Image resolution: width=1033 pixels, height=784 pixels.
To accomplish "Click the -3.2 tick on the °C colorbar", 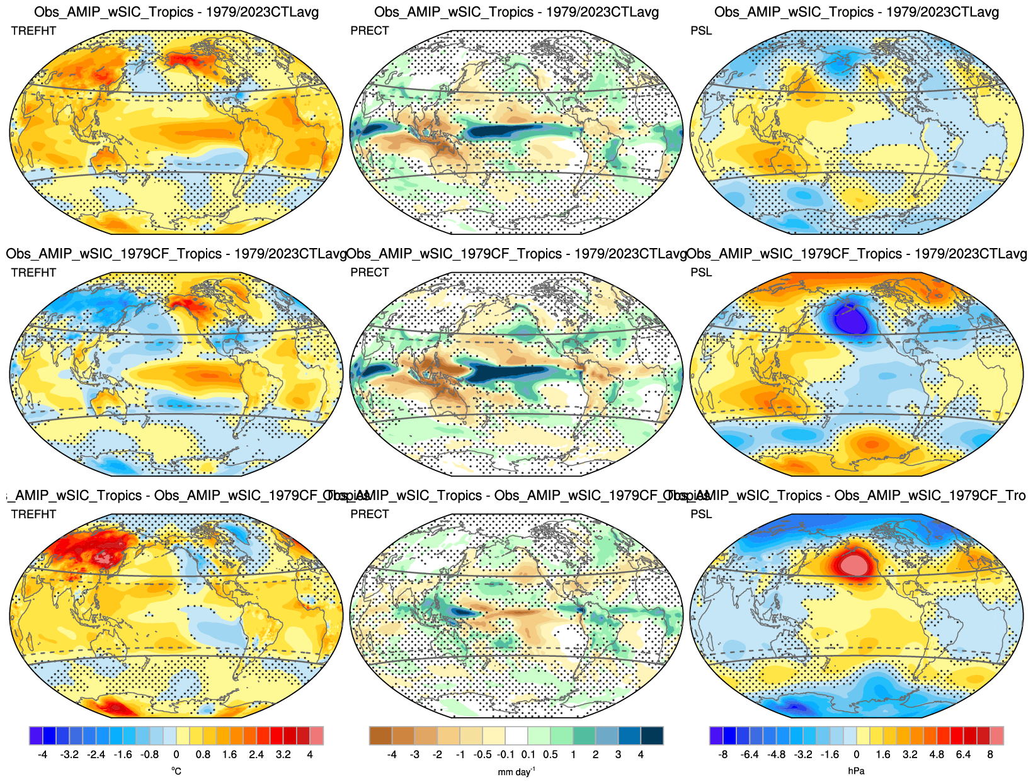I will pyautogui.click(x=69, y=754).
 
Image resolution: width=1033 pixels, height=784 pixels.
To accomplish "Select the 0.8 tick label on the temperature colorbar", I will pyautogui.click(x=203, y=754).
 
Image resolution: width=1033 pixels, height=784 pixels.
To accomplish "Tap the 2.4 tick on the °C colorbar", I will pyautogui.click(x=256, y=754).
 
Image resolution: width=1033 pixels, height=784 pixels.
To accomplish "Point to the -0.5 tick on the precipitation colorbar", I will pyautogui.click(x=482, y=754).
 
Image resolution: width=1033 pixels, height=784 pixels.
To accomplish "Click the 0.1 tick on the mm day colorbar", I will pyautogui.click(x=528, y=754).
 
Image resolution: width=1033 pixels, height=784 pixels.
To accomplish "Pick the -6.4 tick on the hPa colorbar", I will pyautogui.click(x=750, y=754).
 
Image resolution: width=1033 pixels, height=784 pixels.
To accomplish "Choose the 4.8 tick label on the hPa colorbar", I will pyautogui.click(x=937, y=754).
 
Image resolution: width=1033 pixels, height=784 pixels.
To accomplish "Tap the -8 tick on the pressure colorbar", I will pyautogui.click(x=723, y=754).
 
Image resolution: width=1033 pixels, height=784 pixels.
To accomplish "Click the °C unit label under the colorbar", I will pyautogui.click(x=176, y=771).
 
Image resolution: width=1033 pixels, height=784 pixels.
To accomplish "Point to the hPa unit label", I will pyautogui.click(x=856, y=771).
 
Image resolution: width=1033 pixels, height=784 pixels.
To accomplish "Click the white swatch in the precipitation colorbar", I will pyautogui.click(x=516, y=736).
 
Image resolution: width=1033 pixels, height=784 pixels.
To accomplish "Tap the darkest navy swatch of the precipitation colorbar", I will pyautogui.click(x=652, y=736).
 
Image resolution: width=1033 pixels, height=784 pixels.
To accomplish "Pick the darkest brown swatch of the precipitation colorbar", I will pyautogui.click(x=380, y=736).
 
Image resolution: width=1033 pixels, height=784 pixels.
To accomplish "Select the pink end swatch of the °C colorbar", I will pyautogui.click(x=316, y=736).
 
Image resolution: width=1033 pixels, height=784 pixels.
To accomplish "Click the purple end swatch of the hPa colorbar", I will pyautogui.click(x=716, y=736).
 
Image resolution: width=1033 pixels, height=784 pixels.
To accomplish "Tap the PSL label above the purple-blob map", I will pyautogui.click(x=701, y=273).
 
